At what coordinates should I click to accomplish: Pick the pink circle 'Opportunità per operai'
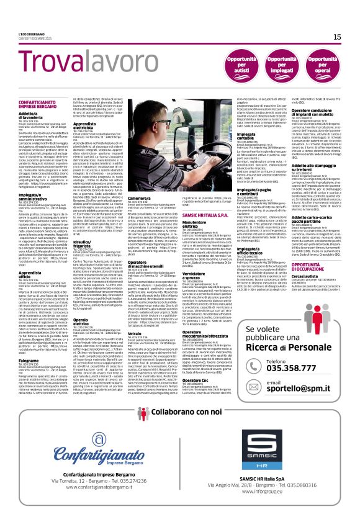point(323,64)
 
